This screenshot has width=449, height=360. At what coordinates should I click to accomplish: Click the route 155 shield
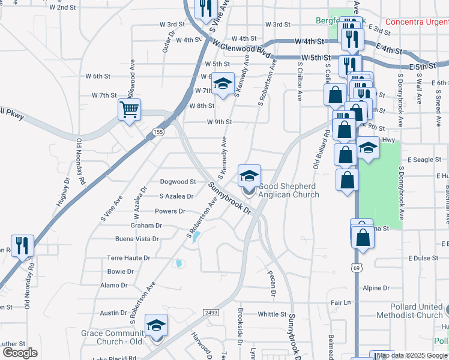(x=158, y=132)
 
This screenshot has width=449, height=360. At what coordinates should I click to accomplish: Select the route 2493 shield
(x=211, y=313)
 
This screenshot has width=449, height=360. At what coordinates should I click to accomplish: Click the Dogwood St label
(x=178, y=181)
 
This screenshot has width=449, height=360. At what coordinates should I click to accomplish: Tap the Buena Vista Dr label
(x=137, y=239)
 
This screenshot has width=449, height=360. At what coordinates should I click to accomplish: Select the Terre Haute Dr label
(x=128, y=257)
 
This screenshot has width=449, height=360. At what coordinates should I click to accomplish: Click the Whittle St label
(x=272, y=314)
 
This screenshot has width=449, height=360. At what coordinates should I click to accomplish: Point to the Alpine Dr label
(x=376, y=288)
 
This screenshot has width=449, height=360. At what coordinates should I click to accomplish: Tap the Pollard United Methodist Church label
(x=411, y=311)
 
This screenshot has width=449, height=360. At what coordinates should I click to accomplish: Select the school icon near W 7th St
(x=222, y=85)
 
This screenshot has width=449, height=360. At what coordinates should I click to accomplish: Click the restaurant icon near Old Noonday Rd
(x=22, y=246)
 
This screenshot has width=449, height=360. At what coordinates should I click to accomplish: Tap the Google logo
(x=20, y=353)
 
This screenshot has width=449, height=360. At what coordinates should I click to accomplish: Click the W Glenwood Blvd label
(x=240, y=47)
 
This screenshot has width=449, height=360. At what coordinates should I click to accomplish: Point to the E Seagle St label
(x=424, y=160)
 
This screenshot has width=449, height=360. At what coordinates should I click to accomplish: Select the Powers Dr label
(x=170, y=211)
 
